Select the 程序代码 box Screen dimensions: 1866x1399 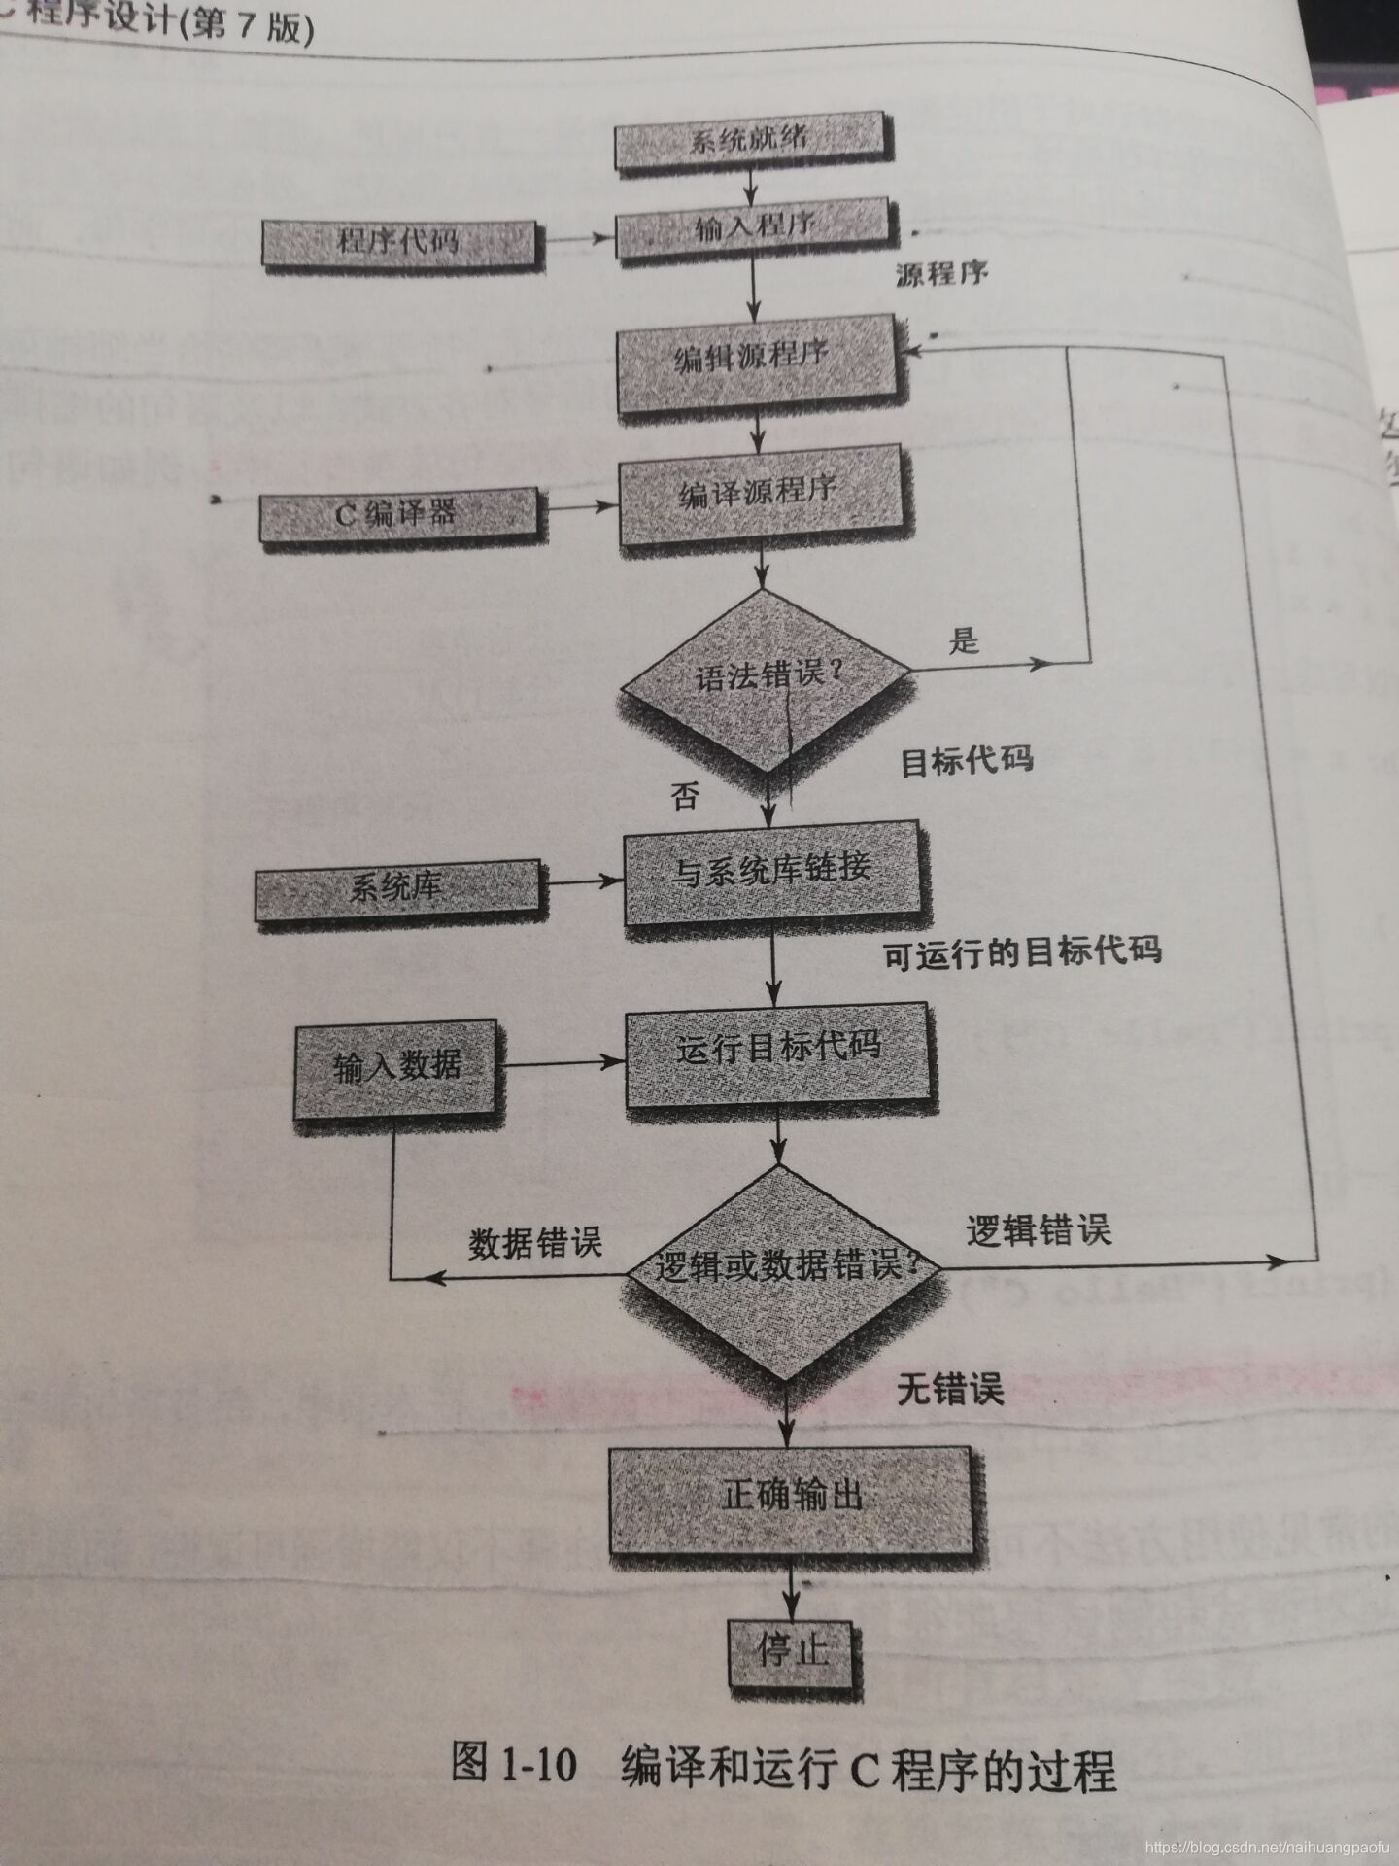398,241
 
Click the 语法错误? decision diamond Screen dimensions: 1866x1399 765,674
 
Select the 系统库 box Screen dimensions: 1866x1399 396,888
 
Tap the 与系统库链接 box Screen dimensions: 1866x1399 771,870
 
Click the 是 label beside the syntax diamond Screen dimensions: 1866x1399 964,640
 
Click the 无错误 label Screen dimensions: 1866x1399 949,1389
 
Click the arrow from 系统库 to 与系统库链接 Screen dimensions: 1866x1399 583,882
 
